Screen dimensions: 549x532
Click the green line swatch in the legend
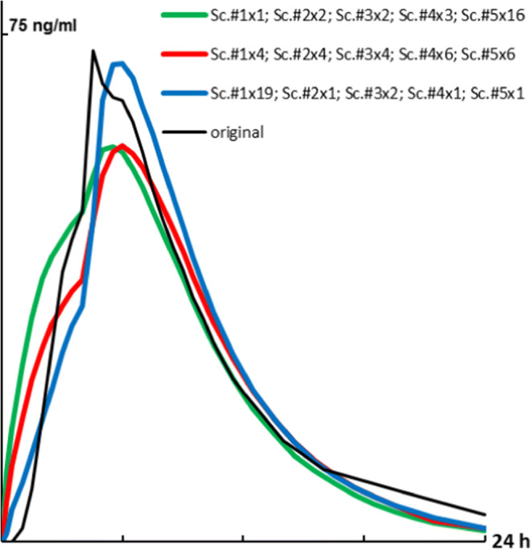pyautogui.click(x=183, y=14)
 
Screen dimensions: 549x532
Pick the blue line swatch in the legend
pyautogui.click(x=183, y=93)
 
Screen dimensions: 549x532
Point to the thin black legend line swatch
pyautogui.click(x=183, y=130)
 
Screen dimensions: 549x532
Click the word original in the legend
pyautogui.click(x=237, y=131)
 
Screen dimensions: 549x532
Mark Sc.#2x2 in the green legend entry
pyautogui.click(x=297, y=14)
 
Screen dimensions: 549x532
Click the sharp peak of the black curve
pyautogui.click(x=93, y=51)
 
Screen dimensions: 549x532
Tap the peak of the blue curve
pyautogui.click(x=118, y=63)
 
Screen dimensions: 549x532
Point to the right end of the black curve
pyautogui.click(x=485, y=514)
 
